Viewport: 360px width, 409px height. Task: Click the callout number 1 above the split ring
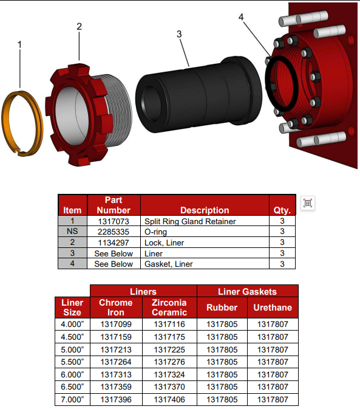point(19,45)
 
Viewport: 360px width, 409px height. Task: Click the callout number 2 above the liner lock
point(79,27)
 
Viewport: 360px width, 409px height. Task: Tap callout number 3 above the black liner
point(179,34)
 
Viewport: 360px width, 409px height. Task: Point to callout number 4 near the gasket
point(242,17)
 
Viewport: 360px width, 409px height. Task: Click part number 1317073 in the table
point(114,221)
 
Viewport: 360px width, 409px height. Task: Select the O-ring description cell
point(204,232)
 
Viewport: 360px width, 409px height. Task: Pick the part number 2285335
point(114,232)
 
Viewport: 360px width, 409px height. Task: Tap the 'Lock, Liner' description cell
point(204,242)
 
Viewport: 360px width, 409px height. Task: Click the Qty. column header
point(282,210)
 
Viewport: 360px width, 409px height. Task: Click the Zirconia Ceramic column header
point(169,308)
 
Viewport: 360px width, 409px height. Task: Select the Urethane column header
point(272,308)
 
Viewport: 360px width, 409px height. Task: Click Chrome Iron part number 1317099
point(116,324)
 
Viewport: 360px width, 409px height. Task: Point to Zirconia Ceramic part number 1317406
point(169,400)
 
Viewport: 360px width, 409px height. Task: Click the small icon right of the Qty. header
point(308,204)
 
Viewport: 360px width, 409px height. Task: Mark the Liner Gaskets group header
point(247,292)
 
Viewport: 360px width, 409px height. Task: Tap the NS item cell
point(72,232)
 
